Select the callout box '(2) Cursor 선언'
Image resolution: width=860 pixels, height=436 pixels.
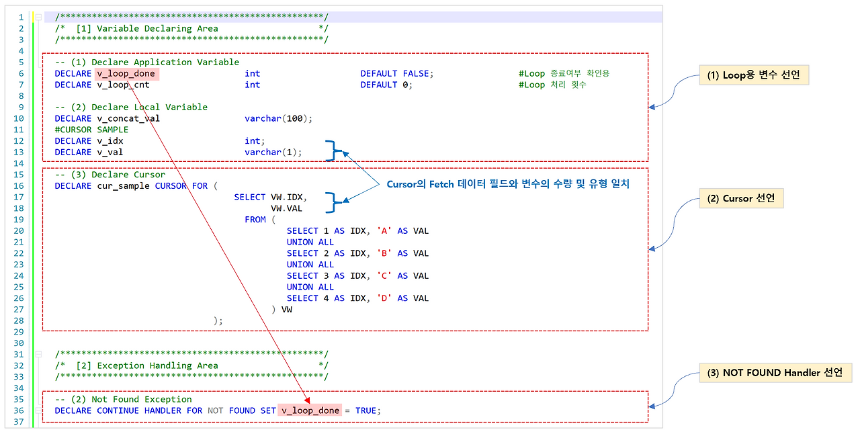pos(738,198)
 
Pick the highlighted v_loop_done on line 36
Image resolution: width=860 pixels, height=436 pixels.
pos(310,410)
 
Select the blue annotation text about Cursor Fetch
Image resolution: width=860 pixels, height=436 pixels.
pos(507,184)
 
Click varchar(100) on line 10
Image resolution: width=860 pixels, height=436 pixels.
pos(278,118)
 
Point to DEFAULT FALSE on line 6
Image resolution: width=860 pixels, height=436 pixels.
pos(397,73)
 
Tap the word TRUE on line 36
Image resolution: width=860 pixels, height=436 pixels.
pos(366,410)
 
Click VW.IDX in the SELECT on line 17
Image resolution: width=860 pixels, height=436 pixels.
pos(287,197)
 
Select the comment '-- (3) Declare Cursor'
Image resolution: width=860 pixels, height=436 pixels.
pos(110,175)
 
